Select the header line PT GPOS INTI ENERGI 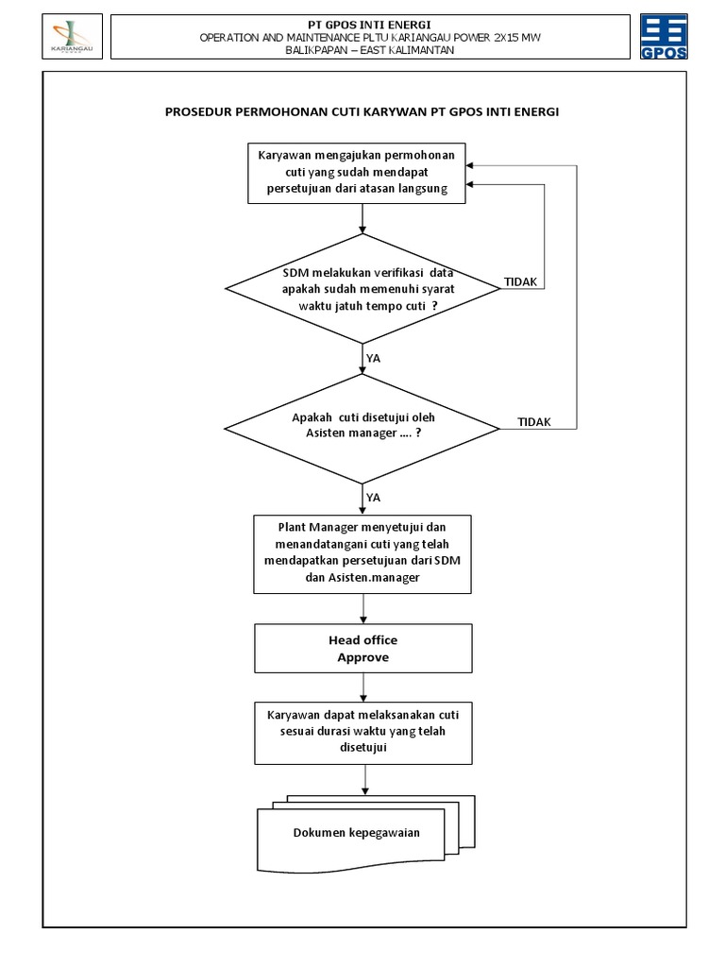pos(362,23)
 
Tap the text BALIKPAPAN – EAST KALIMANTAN pos(362,50)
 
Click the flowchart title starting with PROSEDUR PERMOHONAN pos(362,111)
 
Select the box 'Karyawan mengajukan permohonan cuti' pos(362,173)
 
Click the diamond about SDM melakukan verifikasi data pos(362,288)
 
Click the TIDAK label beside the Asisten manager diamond pos(534,422)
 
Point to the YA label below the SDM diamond pos(373,359)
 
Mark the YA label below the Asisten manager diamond pos(373,497)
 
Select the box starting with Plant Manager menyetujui pos(362,553)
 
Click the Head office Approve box pos(362,649)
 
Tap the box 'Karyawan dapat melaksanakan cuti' pos(362,731)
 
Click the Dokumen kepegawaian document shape pos(357,833)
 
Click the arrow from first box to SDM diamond pos(362,218)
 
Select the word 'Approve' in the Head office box pos(363,657)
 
